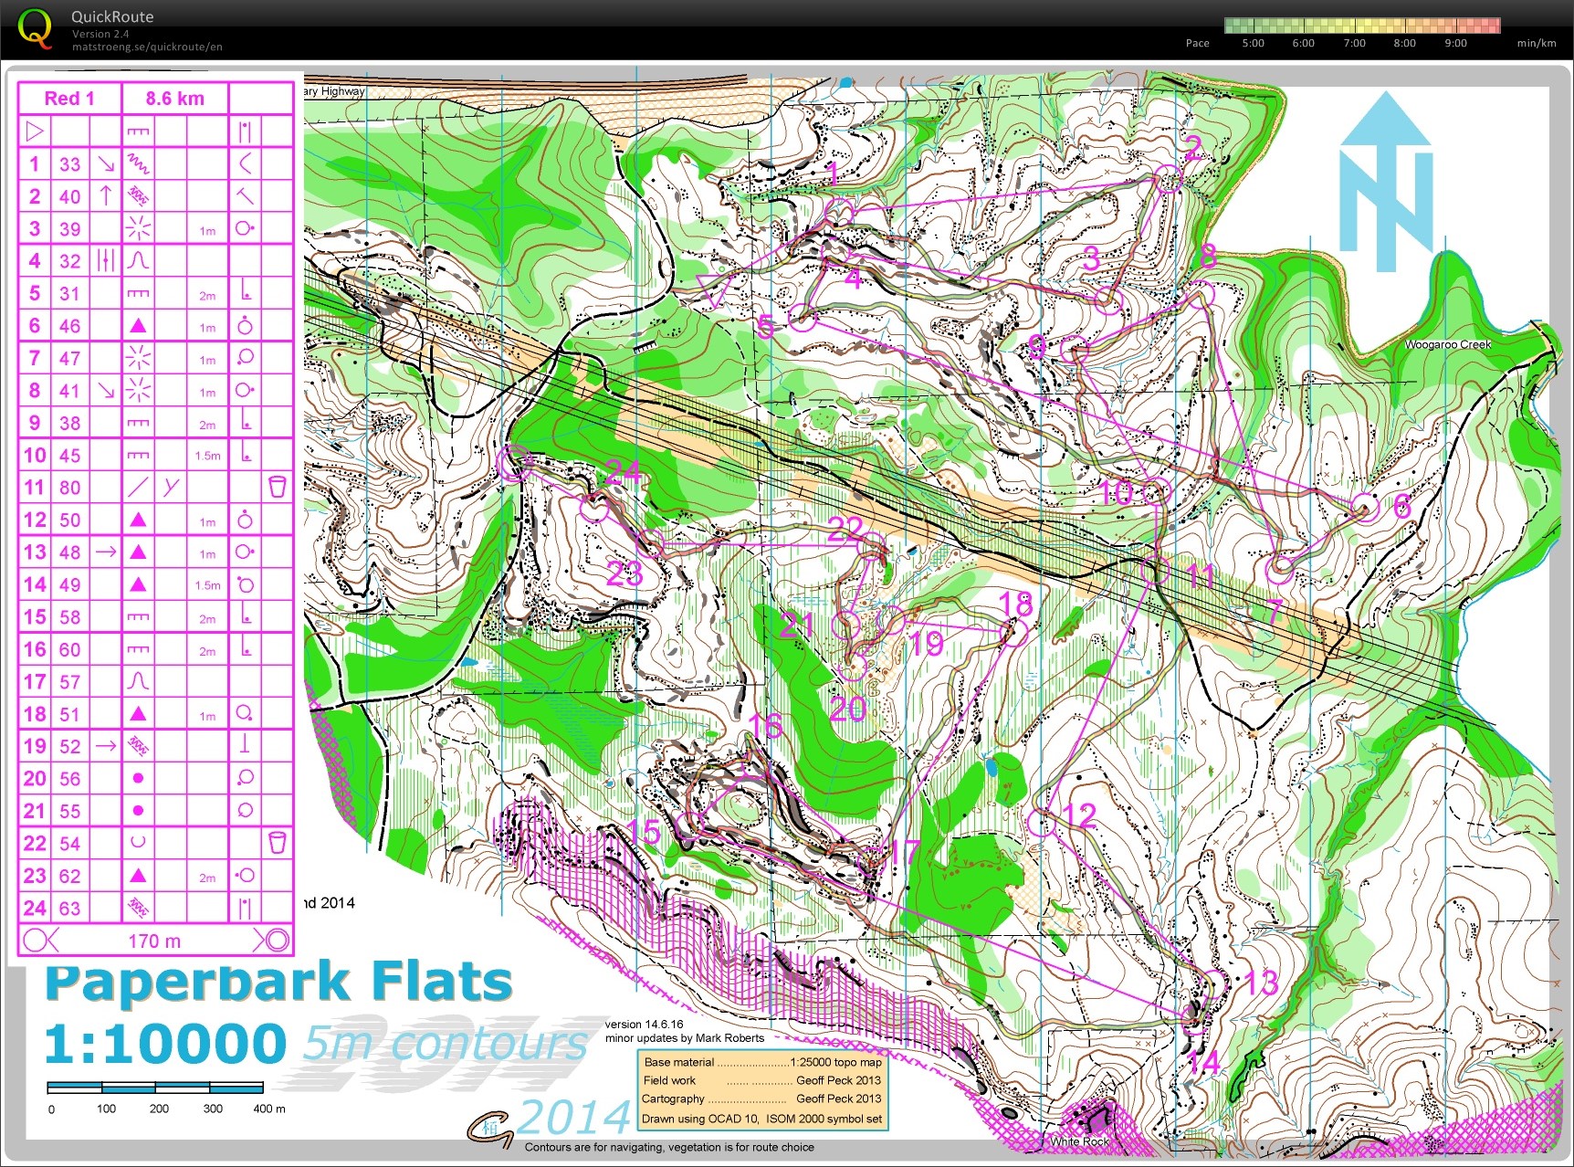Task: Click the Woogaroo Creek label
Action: [x=1447, y=344]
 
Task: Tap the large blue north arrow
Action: [x=1386, y=183]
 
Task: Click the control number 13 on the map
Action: [x=1261, y=983]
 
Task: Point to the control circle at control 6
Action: [x=1364, y=507]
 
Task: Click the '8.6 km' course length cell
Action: [x=174, y=99]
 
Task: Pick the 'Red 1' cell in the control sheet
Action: [x=69, y=99]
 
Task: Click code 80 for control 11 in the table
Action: [x=70, y=488]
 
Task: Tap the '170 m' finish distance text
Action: [x=154, y=941]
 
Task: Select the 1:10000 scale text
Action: [x=165, y=1044]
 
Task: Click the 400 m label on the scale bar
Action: [x=268, y=1109]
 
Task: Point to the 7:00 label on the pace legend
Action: [x=1354, y=43]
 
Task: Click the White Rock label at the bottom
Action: [x=1079, y=1141]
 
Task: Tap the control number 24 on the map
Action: [x=623, y=472]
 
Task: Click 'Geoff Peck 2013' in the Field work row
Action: [x=838, y=1080]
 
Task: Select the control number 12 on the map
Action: [x=1079, y=815]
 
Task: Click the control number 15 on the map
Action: [x=645, y=831]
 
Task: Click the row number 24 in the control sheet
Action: [x=35, y=909]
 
